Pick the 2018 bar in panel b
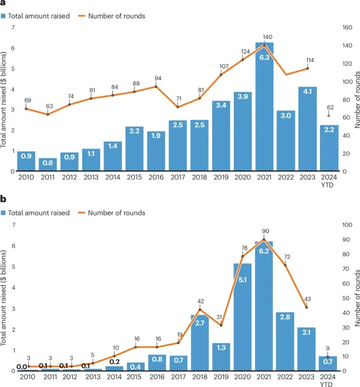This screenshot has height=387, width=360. (x=199, y=342)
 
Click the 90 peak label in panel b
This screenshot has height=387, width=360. (x=264, y=231)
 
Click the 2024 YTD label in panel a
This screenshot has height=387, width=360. (x=329, y=181)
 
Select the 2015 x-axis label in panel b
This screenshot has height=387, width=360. (x=135, y=377)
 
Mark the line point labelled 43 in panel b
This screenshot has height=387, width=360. (x=307, y=308)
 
